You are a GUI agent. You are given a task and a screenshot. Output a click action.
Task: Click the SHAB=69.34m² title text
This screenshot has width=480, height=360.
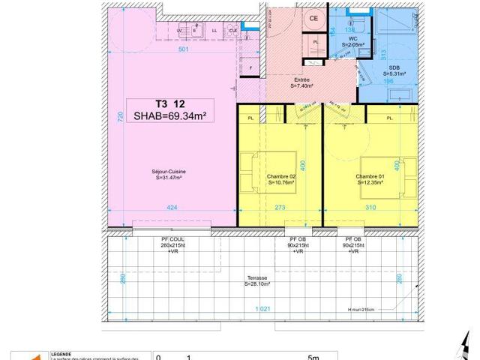169,115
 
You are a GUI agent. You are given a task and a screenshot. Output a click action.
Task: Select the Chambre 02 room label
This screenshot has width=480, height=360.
280,178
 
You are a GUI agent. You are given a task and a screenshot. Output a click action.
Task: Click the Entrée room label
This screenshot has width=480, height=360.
301,83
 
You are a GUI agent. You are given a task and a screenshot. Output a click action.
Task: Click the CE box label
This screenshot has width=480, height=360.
313,19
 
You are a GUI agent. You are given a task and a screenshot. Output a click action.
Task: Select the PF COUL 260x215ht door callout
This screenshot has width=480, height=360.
172,245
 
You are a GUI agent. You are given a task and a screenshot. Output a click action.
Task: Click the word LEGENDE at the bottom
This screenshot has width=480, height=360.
61,354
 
